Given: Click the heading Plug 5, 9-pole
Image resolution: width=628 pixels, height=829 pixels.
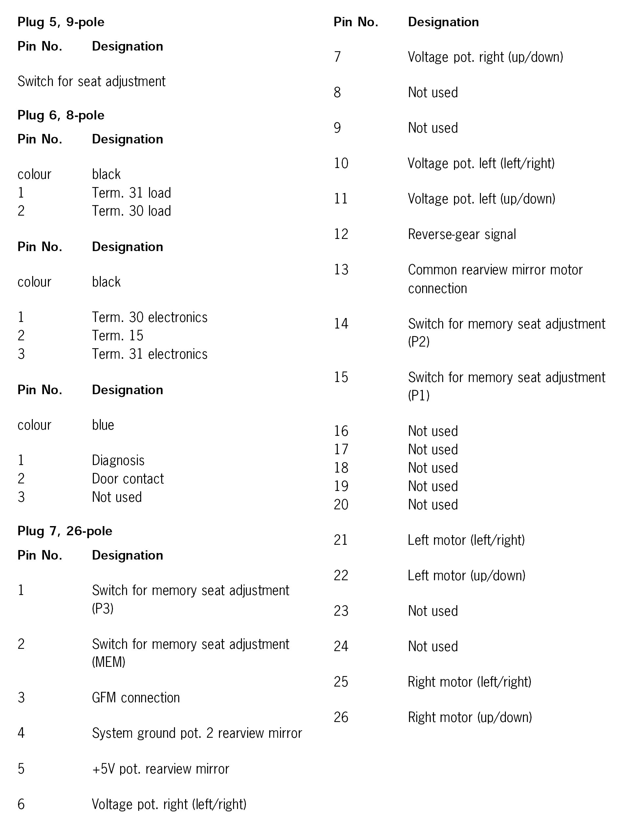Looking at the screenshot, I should pyautogui.click(x=61, y=22).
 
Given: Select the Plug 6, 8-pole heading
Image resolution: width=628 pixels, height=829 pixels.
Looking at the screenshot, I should pyautogui.click(x=61, y=115).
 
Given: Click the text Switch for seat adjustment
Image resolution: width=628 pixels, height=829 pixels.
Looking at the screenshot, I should pyautogui.click(x=92, y=81).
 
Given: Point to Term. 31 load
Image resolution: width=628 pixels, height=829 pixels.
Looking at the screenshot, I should pyautogui.click(x=131, y=193).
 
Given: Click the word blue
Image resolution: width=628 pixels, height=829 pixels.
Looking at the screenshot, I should pyautogui.click(x=103, y=425).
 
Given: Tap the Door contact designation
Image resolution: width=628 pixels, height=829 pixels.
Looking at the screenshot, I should pyautogui.click(x=128, y=478).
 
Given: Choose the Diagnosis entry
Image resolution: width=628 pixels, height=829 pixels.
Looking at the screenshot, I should pyautogui.click(x=118, y=460).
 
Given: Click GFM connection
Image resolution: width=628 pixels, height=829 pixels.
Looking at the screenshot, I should pyautogui.click(x=136, y=697).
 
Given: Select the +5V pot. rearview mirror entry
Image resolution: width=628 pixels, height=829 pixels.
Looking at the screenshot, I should pyautogui.click(x=160, y=769).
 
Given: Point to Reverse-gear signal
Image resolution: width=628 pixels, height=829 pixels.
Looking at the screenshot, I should pyautogui.click(x=462, y=234).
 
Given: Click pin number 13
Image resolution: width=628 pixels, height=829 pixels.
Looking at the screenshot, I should pyautogui.click(x=341, y=269).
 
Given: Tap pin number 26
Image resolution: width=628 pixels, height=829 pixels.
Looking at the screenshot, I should pyautogui.click(x=341, y=717).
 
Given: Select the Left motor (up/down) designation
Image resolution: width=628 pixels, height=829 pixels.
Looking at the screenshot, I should pyautogui.click(x=466, y=575).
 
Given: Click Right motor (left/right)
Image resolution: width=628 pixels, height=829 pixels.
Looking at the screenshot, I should pyautogui.click(x=469, y=682).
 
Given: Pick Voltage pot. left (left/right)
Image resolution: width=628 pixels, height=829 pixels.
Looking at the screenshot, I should pyautogui.click(x=481, y=163).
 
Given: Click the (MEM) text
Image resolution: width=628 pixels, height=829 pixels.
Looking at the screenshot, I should pyautogui.click(x=108, y=662).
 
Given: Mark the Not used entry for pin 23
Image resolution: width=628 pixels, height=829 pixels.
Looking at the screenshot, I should pyautogui.click(x=433, y=611).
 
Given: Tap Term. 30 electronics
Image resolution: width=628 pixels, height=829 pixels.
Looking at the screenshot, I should pyautogui.click(x=150, y=317).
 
